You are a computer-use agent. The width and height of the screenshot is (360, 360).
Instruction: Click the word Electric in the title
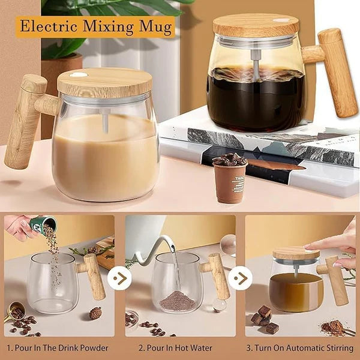pos(50,26)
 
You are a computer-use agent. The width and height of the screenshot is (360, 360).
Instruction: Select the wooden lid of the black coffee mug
pos(256,25)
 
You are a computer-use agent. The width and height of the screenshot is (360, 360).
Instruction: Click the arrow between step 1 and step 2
pos(120,278)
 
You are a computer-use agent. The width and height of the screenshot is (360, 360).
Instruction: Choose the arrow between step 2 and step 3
pos(240,278)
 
